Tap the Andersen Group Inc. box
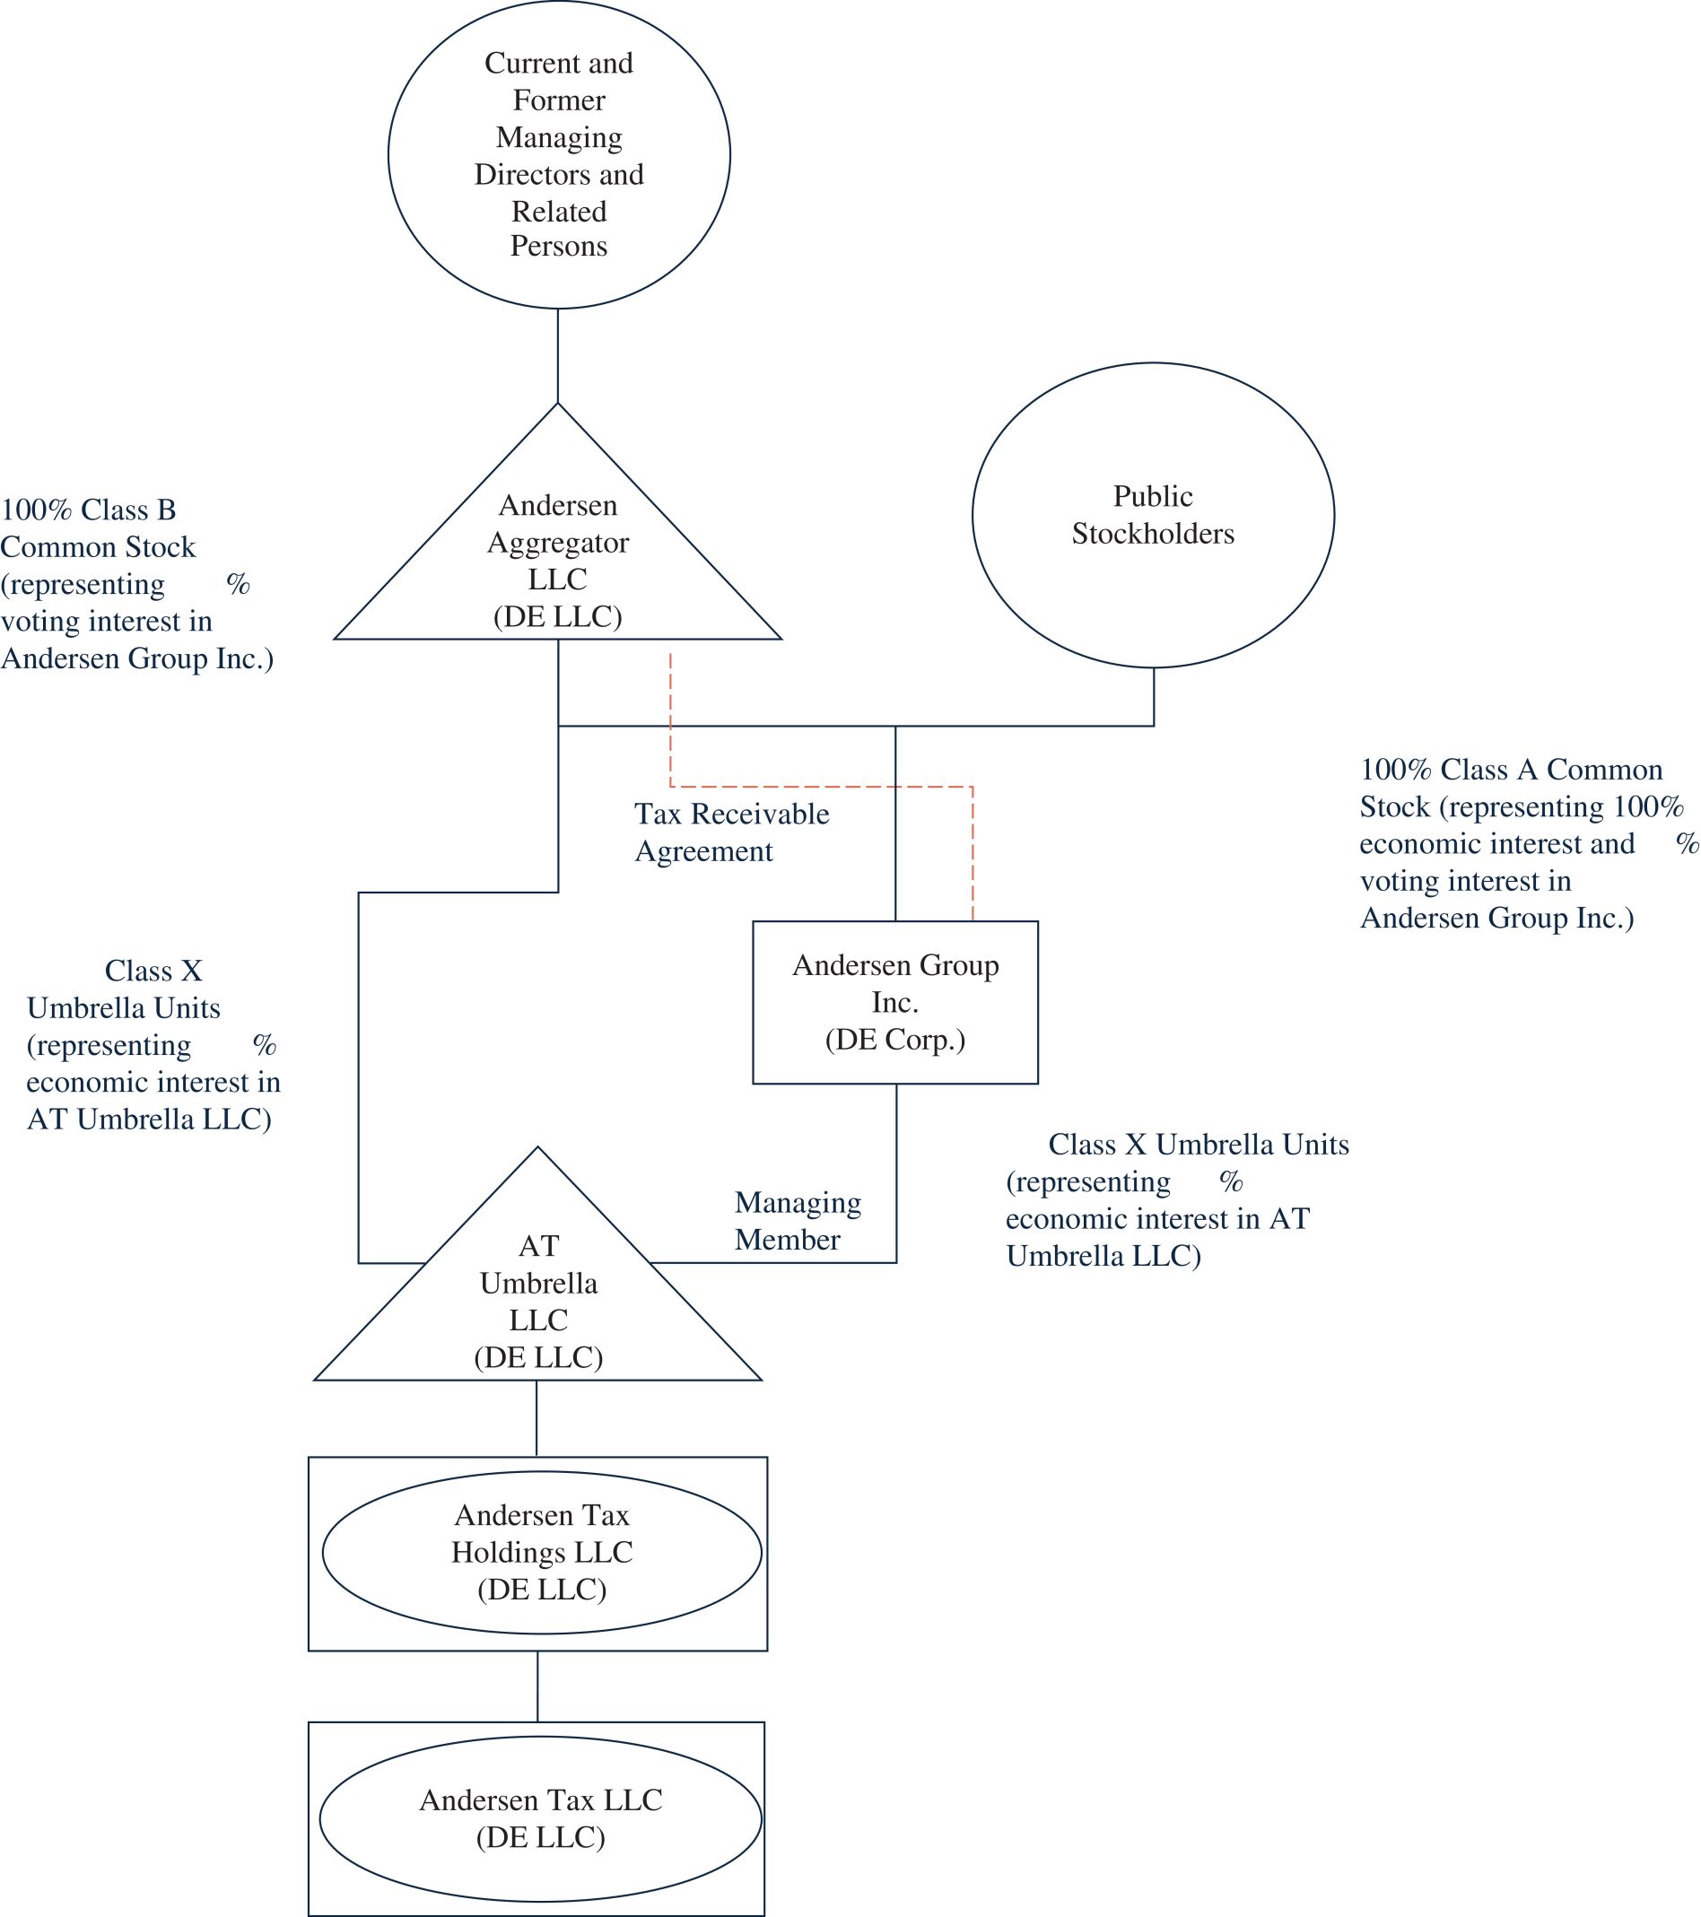[895, 1002]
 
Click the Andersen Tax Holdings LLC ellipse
[541, 1552]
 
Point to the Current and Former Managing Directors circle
[558, 155]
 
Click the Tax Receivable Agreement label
[731, 832]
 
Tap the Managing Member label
[797, 1220]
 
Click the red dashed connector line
[821, 787]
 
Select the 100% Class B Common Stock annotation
[136, 583]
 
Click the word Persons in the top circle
[558, 246]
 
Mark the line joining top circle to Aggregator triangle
[558, 355]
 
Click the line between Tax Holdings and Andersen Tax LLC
[537, 1686]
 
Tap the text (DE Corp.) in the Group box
[895, 1039]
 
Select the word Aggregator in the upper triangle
[557, 542]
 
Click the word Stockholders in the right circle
[1153, 534]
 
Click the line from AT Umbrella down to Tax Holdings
[536, 1418]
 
